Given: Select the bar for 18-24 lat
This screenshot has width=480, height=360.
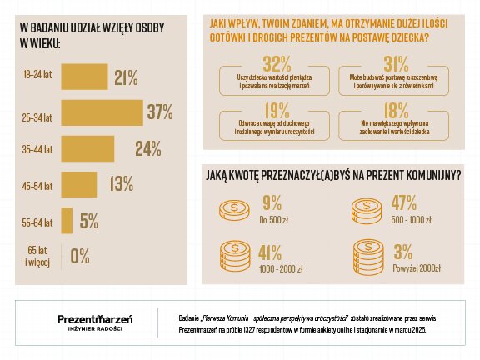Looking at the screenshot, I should click(84, 77).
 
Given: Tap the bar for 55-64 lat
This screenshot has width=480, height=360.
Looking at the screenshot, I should click(67, 222).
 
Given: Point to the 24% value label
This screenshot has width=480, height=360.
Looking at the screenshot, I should click(147, 148).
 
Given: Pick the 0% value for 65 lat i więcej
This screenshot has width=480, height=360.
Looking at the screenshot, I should click(80, 256).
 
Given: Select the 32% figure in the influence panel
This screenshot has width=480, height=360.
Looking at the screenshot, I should click(276, 64).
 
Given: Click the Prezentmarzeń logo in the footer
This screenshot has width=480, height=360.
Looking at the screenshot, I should click(95, 317).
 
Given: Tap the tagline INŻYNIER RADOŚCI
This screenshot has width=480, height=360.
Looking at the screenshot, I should click(95, 331).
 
